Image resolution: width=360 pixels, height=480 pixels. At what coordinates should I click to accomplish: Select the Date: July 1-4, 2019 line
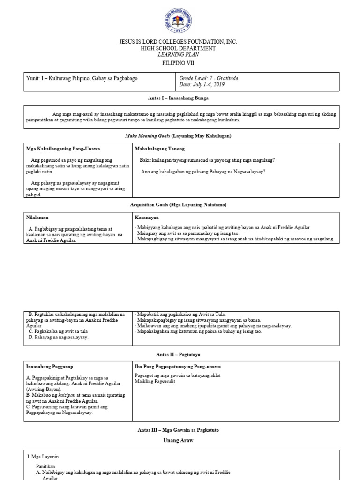tap(202, 85)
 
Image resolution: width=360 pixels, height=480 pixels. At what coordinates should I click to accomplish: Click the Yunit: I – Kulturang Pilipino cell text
tap(82, 78)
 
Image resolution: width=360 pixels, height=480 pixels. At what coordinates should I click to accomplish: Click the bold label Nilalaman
tap(38, 217)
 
